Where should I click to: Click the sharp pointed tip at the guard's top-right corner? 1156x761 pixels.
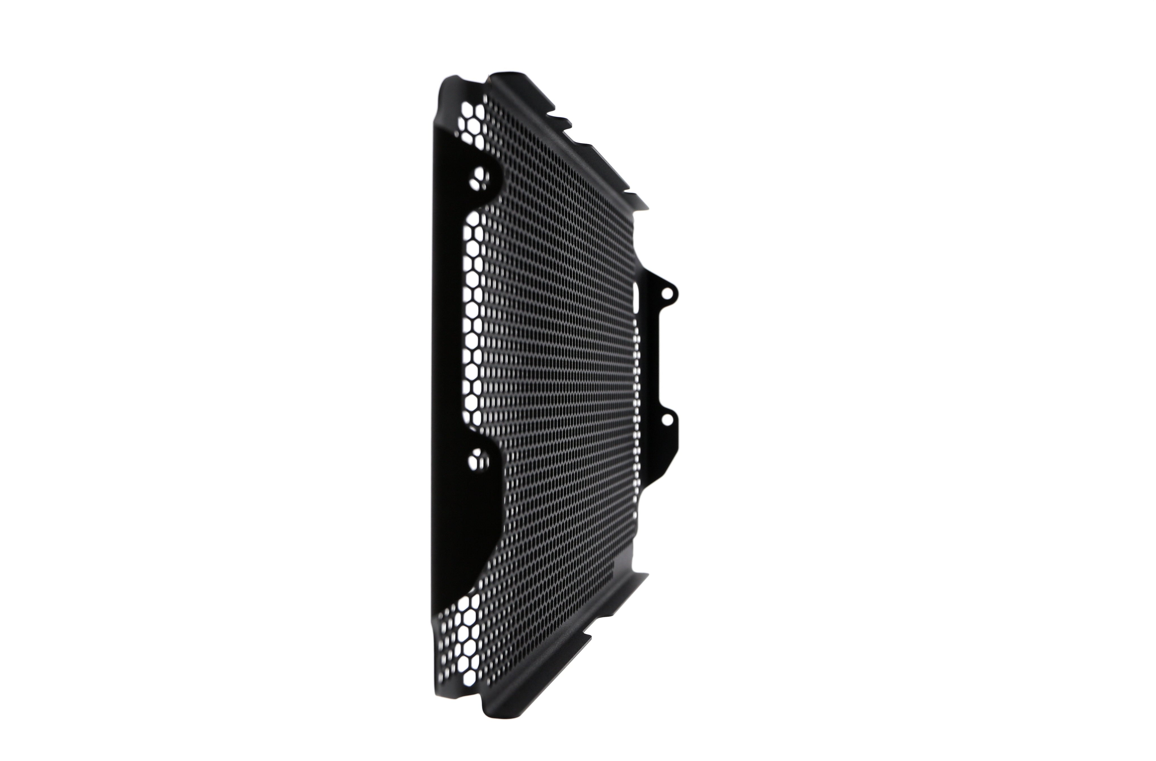click(x=647, y=208)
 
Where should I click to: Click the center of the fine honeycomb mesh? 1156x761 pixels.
click(x=554, y=379)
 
